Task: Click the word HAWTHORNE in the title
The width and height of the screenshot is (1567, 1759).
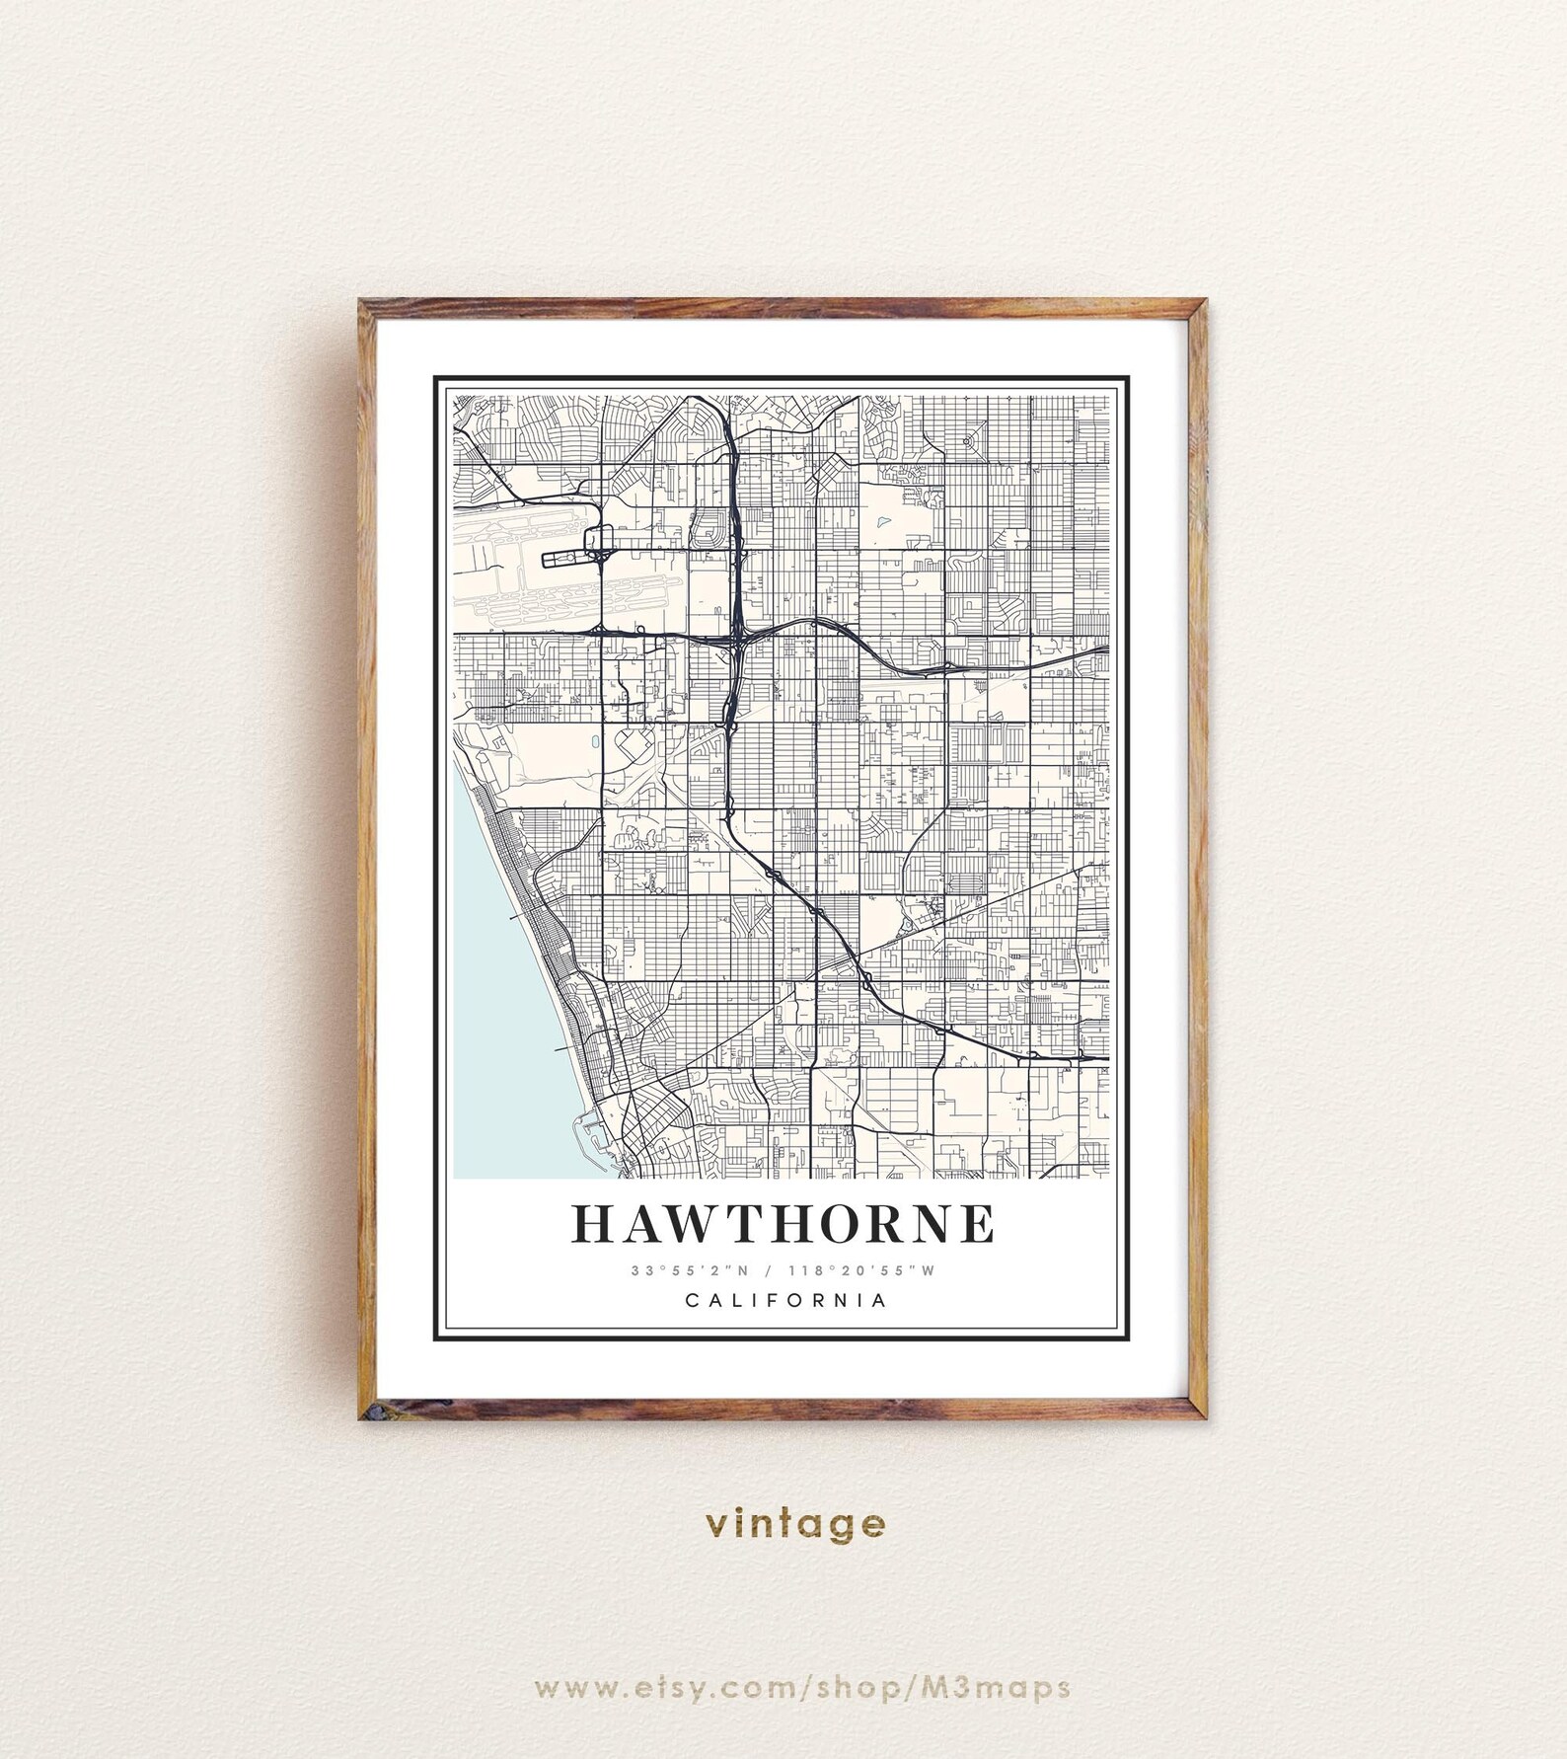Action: point(783,1224)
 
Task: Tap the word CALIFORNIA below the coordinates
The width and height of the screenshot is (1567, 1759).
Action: point(786,1300)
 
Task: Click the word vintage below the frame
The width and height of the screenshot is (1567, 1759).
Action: point(795,1523)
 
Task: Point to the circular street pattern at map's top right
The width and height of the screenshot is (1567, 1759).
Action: point(968,440)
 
